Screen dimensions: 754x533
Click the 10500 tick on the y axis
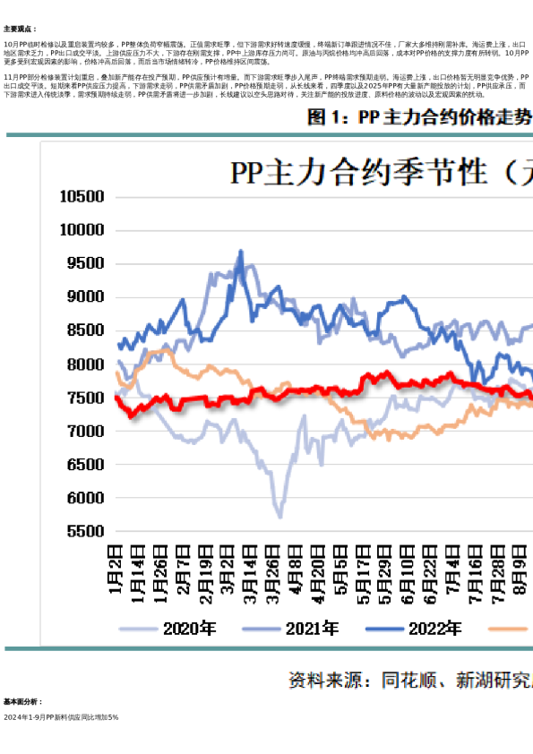[x=82, y=196]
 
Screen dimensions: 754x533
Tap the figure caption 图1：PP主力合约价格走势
[x=418, y=118]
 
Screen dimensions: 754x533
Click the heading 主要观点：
[x=20, y=30]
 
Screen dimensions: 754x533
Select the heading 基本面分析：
[x=22, y=702]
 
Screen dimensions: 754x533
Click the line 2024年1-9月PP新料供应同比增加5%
[x=61, y=717]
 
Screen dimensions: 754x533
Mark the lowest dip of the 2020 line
[x=280, y=517]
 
